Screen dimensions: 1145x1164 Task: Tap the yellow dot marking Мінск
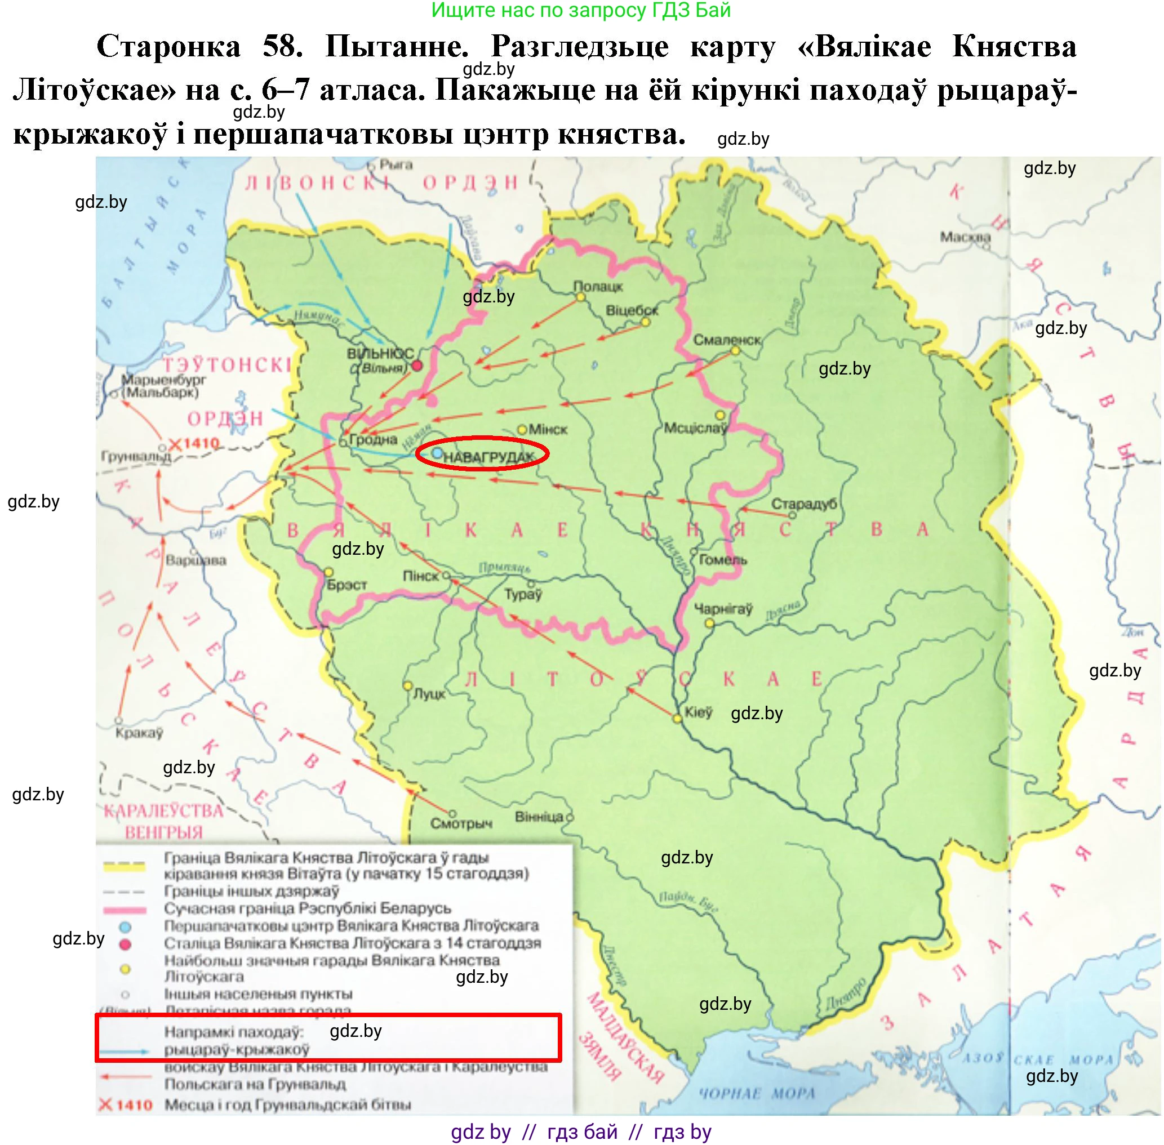(522, 429)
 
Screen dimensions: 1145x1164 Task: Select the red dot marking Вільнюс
(416, 366)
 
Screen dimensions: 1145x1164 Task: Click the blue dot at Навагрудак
(437, 452)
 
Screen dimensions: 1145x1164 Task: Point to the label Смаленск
(727, 340)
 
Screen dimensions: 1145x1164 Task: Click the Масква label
(965, 237)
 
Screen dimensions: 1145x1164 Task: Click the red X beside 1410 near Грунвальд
(175, 445)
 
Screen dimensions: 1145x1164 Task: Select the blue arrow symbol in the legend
(125, 1052)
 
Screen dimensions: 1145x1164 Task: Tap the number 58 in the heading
(282, 47)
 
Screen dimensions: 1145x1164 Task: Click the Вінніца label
(539, 817)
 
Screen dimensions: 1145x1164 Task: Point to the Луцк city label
(429, 694)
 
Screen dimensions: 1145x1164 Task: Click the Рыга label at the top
(396, 164)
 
